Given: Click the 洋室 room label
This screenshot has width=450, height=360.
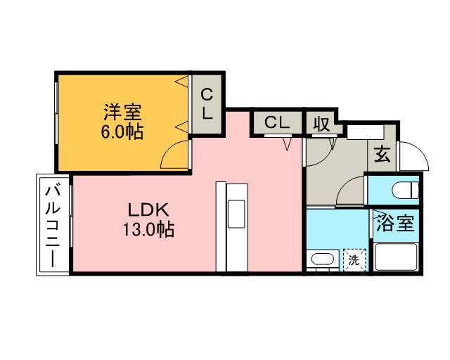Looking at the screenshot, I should point(123,111).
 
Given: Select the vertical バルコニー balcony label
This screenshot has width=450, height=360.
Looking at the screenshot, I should point(53,225).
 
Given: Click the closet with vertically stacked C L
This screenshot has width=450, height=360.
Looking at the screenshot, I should point(207,103).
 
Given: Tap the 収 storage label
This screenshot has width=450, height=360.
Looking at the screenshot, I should point(322,123).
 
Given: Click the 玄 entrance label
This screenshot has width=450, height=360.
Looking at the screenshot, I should point(382,153).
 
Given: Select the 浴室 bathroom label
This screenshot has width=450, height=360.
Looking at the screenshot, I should point(396,225).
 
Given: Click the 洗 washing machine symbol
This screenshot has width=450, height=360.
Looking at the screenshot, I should point(354,259).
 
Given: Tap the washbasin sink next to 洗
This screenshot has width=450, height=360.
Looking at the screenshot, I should point(322,259).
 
